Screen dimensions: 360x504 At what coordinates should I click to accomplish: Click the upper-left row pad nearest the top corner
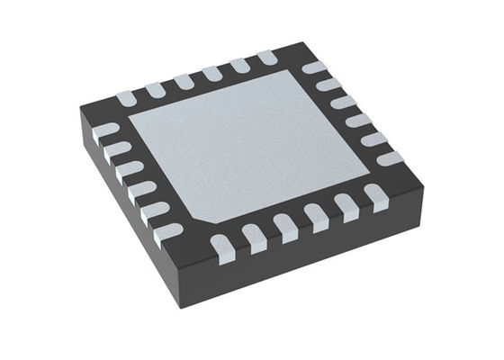coord(267,58)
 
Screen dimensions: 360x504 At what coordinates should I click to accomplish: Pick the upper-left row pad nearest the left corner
coord(127,94)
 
